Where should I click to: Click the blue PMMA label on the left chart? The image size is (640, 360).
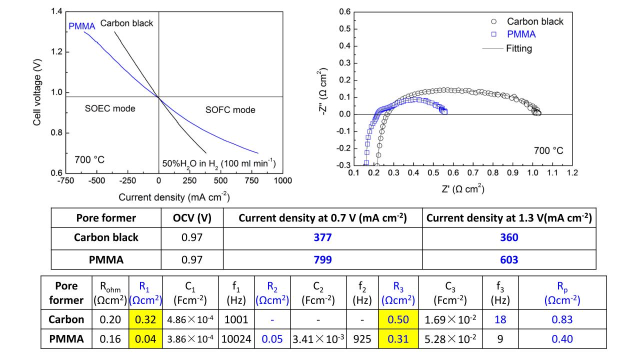click(x=81, y=26)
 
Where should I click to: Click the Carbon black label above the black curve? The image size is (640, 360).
click(x=126, y=23)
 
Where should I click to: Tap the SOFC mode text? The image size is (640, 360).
click(x=230, y=110)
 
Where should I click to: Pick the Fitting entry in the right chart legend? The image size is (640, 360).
click(x=518, y=48)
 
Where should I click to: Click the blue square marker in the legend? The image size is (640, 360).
click(x=494, y=34)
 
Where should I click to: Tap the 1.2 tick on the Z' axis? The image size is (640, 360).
click(x=572, y=173)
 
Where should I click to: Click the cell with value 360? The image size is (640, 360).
click(x=509, y=237)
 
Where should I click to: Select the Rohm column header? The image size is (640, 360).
click(x=110, y=293)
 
